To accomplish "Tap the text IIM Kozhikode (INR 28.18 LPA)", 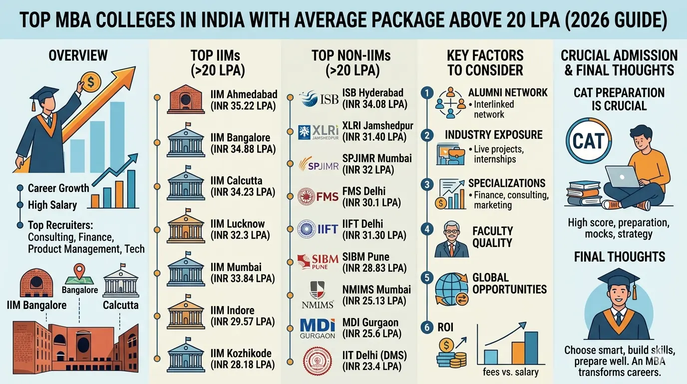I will [x=243, y=359].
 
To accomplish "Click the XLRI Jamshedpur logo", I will [x=318, y=131].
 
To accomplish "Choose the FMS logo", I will [x=318, y=196].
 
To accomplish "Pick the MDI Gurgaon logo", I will [x=318, y=328].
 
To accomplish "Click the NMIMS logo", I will [x=318, y=295].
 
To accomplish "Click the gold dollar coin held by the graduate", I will [x=91, y=81].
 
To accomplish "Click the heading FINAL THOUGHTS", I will [x=619, y=257].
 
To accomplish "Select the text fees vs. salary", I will [x=511, y=372].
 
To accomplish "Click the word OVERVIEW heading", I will [x=78, y=55].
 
